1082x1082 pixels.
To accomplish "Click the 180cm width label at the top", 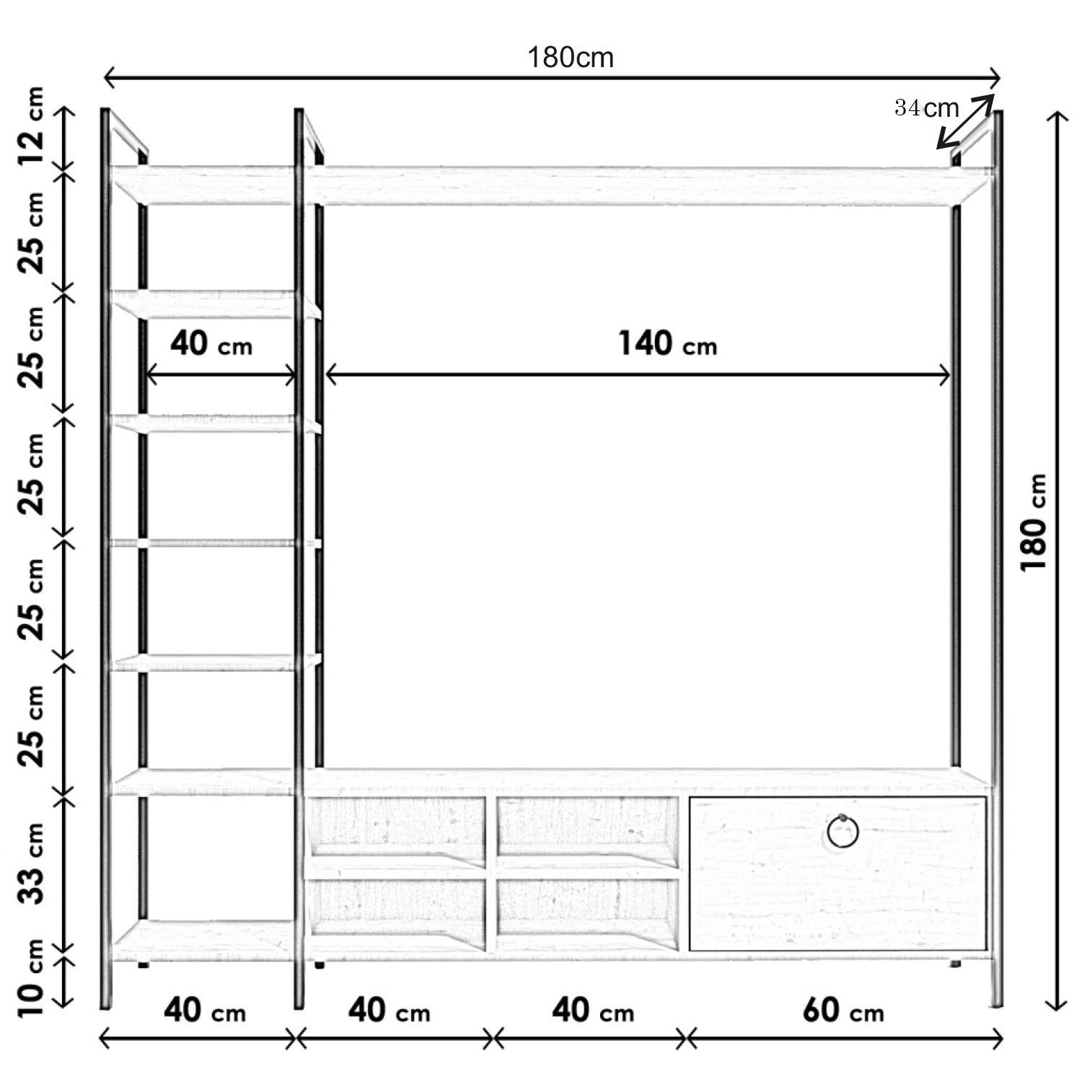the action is [x=571, y=57].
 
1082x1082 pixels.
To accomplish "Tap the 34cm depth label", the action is [x=927, y=108].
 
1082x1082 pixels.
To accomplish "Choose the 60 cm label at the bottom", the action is [x=843, y=1011].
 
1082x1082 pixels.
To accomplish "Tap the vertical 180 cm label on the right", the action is [x=1033, y=522].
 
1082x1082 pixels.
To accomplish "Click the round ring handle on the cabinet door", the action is [x=843, y=832].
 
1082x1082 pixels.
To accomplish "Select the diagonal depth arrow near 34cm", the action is [x=966, y=121].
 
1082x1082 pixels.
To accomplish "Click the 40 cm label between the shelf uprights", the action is [x=211, y=343].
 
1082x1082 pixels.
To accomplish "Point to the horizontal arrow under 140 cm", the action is [x=638, y=375].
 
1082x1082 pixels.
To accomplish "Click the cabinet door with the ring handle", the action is [x=838, y=873].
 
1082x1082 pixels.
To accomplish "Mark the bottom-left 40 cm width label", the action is [x=205, y=1011].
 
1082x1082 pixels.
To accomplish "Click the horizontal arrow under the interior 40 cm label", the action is [x=221, y=375].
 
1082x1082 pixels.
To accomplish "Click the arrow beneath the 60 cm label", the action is [x=844, y=1039].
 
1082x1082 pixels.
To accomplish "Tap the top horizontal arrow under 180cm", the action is [x=553, y=76].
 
